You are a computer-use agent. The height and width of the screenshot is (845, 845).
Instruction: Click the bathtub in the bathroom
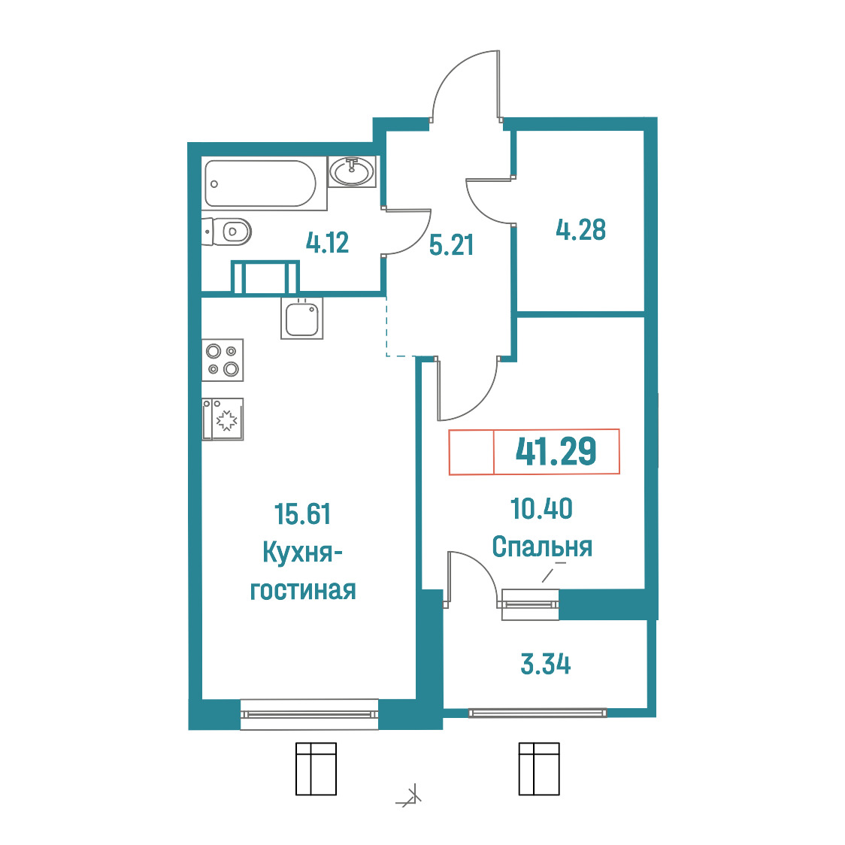pos(260,183)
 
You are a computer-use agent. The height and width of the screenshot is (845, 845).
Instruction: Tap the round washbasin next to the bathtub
pos(352,171)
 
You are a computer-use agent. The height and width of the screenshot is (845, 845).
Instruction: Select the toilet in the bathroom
pos(227,232)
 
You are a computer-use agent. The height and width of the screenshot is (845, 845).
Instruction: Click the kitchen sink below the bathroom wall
pos(301,319)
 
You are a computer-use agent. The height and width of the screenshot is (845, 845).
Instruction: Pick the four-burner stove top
pos(223,360)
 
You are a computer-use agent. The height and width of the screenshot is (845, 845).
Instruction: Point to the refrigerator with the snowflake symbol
pos(223,419)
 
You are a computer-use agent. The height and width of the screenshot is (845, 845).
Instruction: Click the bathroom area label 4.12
pos(327,243)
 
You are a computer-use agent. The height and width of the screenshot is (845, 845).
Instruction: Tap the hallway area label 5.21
pos(451,245)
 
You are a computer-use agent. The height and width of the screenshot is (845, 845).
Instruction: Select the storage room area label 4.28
pos(580,230)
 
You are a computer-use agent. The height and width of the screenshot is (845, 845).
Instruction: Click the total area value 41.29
pos(556,451)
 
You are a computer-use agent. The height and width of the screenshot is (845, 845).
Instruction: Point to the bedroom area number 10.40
pos(541,509)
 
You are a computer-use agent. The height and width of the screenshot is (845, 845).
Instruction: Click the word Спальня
pos(542,547)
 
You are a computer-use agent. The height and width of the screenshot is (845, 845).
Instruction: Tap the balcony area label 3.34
pos(545,664)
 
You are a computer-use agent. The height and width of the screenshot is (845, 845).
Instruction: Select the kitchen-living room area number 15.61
pos(302,514)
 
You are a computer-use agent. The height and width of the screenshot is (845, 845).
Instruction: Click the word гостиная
pos(303,591)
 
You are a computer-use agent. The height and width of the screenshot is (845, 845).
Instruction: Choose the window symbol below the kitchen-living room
pos(316,769)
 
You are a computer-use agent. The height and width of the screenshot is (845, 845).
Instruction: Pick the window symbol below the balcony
pos(539,769)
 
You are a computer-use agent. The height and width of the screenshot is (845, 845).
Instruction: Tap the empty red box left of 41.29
pos(471,452)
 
